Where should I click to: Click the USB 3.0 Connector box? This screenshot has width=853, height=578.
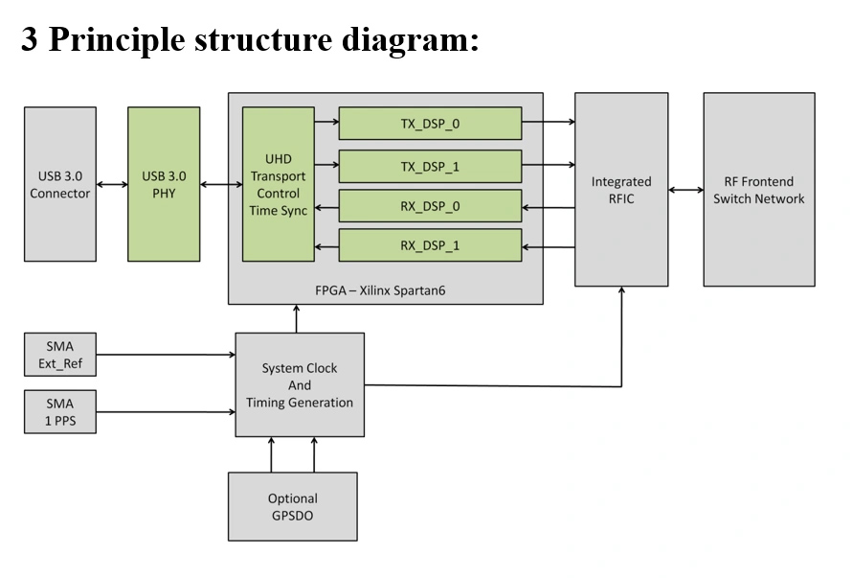click(x=59, y=184)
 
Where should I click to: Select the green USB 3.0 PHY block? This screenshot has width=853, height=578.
click(x=164, y=184)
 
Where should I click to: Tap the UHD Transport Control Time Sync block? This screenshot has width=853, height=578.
click(x=279, y=184)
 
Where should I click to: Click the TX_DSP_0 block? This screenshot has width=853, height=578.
click(x=430, y=124)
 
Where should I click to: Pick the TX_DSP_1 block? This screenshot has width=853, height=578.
click(x=430, y=167)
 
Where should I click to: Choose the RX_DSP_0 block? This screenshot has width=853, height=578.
click(x=430, y=206)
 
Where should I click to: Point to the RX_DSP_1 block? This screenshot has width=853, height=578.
click(x=430, y=245)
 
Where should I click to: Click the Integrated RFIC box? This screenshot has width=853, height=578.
click(x=621, y=190)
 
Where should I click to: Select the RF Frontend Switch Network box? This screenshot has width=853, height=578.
click(x=759, y=190)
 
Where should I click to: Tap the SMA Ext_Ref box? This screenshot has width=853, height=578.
click(x=59, y=355)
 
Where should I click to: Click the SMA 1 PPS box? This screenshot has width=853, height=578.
click(x=59, y=412)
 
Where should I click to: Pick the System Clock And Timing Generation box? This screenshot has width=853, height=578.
click(x=300, y=385)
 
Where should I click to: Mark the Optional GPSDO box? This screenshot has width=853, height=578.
click(x=292, y=506)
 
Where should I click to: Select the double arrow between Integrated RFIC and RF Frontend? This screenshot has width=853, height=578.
click(x=685, y=190)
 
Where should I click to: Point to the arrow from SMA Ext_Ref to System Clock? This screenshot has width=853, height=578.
click(x=166, y=356)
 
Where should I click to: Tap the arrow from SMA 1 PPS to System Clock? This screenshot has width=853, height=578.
click(x=166, y=412)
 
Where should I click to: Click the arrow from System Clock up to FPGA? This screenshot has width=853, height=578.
click(x=296, y=319)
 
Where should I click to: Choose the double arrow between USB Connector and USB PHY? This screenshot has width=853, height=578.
click(x=112, y=184)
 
